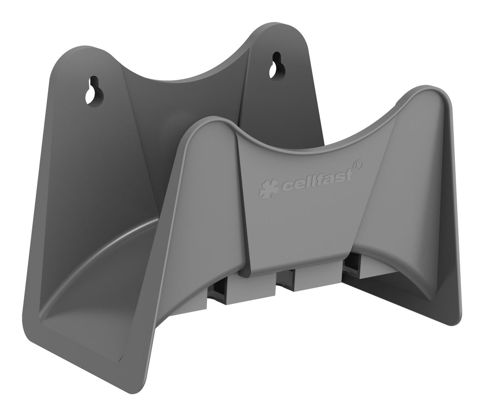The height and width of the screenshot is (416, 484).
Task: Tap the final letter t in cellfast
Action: [x=347, y=171]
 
